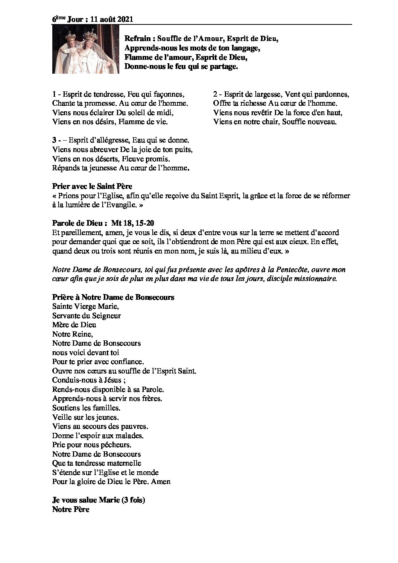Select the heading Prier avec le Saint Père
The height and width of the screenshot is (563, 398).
click(x=92, y=187)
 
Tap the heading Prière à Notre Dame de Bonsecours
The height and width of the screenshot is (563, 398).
click(x=113, y=297)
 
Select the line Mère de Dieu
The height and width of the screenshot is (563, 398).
click(x=74, y=325)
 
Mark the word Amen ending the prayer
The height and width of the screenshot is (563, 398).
click(x=162, y=482)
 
